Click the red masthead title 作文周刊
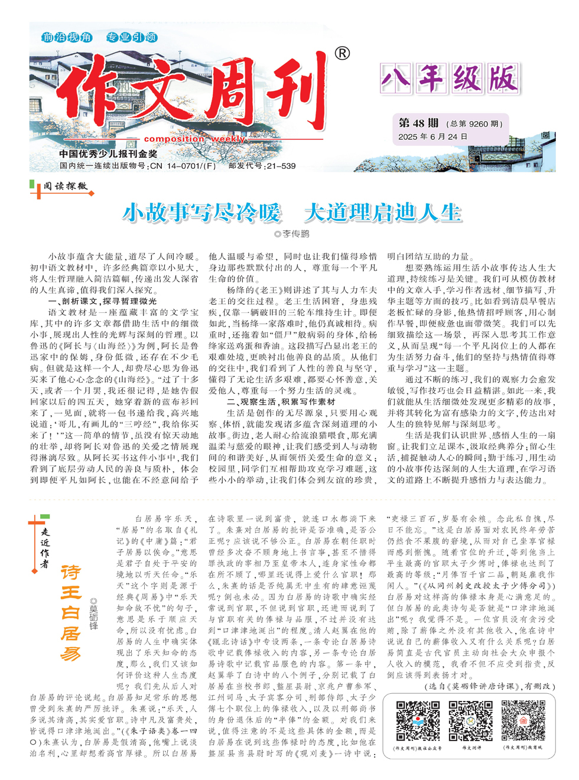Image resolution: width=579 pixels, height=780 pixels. coord(195,97)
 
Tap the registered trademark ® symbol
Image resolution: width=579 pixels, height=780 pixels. coord(342,54)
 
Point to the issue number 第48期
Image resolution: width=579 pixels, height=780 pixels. coord(418,123)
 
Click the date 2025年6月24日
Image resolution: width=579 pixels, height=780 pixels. coord(432,137)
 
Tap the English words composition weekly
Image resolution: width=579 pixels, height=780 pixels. coord(194,139)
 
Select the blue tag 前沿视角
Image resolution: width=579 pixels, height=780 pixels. coord(67,37)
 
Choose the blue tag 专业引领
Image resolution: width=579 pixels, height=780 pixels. coord(131,37)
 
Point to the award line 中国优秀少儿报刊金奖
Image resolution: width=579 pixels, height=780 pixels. coord(108,154)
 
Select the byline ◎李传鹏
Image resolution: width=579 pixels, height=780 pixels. coord(292,234)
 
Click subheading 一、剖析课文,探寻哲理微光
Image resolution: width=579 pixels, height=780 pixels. coord(102,301)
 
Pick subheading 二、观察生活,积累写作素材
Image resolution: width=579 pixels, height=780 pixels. coord(281,402)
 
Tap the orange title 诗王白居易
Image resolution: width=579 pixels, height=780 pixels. coord(70,612)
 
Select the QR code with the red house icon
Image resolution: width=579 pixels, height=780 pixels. coord(523,720)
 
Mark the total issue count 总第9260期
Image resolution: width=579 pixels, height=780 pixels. coord(476,124)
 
